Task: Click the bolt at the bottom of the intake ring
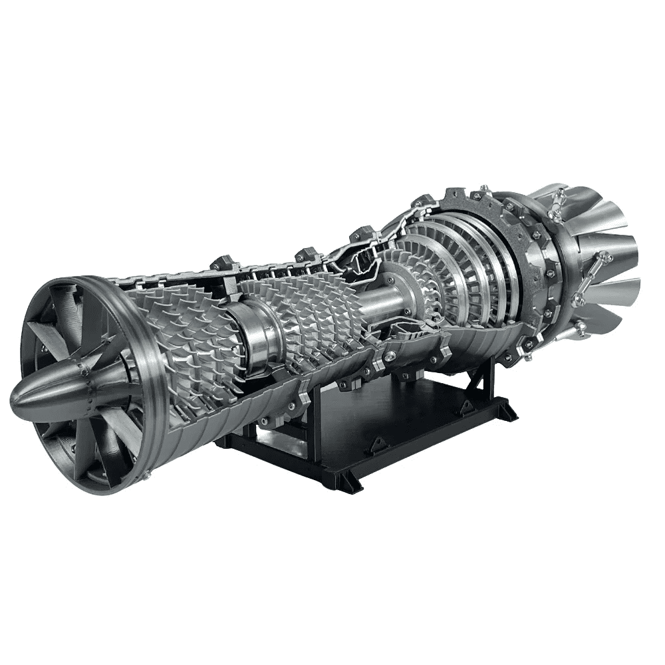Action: click(x=146, y=474)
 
